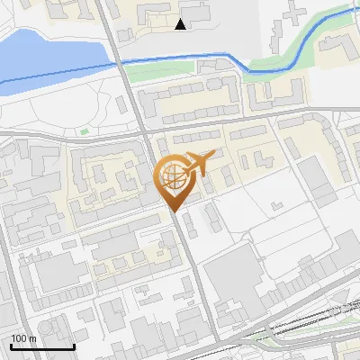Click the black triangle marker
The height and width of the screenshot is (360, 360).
[x=181, y=24]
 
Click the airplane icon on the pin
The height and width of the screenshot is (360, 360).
[x=198, y=163]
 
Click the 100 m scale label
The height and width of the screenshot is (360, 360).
[x=24, y=338]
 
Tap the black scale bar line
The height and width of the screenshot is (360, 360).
[x=42, y=347]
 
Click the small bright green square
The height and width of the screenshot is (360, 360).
[x=84, y=131]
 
